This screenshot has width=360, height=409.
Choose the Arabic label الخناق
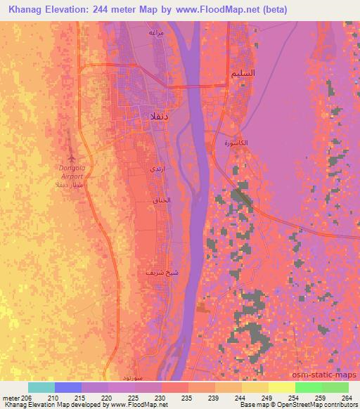(162, 200)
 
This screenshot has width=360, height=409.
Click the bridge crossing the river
(197, 86)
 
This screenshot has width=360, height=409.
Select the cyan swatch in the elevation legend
(41, 387)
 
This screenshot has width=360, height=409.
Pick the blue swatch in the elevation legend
(67, 387)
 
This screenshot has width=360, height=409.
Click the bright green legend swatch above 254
(308, 387)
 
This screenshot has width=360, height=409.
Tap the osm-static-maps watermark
(329, 375)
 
